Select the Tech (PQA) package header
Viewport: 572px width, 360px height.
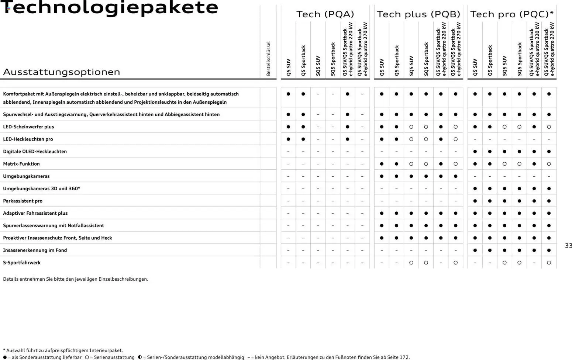click(325, 14)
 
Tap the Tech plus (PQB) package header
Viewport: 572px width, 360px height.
click(418, 14)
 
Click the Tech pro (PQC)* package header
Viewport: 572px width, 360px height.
click(511, 14)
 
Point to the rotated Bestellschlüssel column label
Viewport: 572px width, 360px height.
click(268, 58)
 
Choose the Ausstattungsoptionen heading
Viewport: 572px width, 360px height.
click(62, 72)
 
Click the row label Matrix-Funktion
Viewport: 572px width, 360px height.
click(21, 164)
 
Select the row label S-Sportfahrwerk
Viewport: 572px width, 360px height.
click(22, 263)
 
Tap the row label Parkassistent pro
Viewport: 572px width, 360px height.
click(23, 201)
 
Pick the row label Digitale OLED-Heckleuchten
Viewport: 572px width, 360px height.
click(35, 152)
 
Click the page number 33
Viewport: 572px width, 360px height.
click(568, 246)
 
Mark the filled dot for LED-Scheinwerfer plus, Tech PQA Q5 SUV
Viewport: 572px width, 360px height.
click(288, 127)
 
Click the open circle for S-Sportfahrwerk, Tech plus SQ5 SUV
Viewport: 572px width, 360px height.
click(411, 263)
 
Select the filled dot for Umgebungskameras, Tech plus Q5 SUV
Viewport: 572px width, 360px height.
click(382, 176)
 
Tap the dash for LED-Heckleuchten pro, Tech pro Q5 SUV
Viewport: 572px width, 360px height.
click(475, 139)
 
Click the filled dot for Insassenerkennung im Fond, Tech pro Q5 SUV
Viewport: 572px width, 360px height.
click(475, 250)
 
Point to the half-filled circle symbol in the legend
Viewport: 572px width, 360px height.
click(140, 357)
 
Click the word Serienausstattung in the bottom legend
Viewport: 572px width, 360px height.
click(114, 357)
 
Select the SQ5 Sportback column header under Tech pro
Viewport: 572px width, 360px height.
click(519, 59)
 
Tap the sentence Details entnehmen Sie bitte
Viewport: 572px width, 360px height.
click(76, 279)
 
